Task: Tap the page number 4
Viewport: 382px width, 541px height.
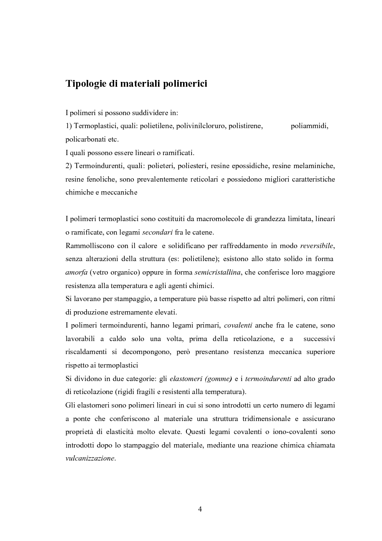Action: coord(200,510)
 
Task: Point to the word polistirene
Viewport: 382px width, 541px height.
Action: coord(245,126)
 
